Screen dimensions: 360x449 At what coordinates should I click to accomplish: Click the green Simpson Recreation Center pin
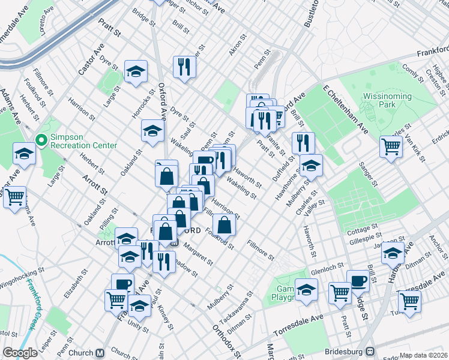pyautogui.click(x=41, y=140)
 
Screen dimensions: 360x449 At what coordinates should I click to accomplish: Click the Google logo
pyautogui.click(x=20, y=353)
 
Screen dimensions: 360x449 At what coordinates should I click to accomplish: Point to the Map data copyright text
pyautogui.click(x=424, y=355)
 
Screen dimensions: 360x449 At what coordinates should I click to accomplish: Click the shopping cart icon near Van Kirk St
pyautogui.click(x=391, y=146)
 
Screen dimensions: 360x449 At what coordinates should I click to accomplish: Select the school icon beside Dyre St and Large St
pyautogui.click(x=136, y=71)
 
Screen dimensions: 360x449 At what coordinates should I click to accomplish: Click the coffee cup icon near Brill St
pyautogui.click(x=358, y=280)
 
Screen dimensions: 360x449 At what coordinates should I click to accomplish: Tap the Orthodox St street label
pyautogui.click(x=226, y=340)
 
